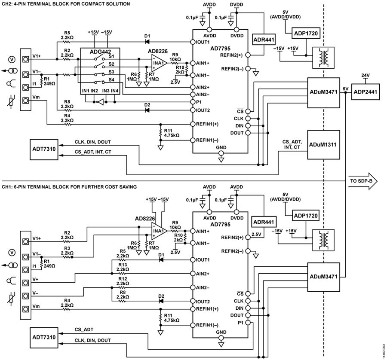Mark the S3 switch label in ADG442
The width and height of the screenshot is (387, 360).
111,71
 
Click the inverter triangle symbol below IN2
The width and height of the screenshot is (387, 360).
100,103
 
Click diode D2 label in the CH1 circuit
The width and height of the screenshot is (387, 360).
161,296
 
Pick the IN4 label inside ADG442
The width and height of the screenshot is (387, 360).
114,91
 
